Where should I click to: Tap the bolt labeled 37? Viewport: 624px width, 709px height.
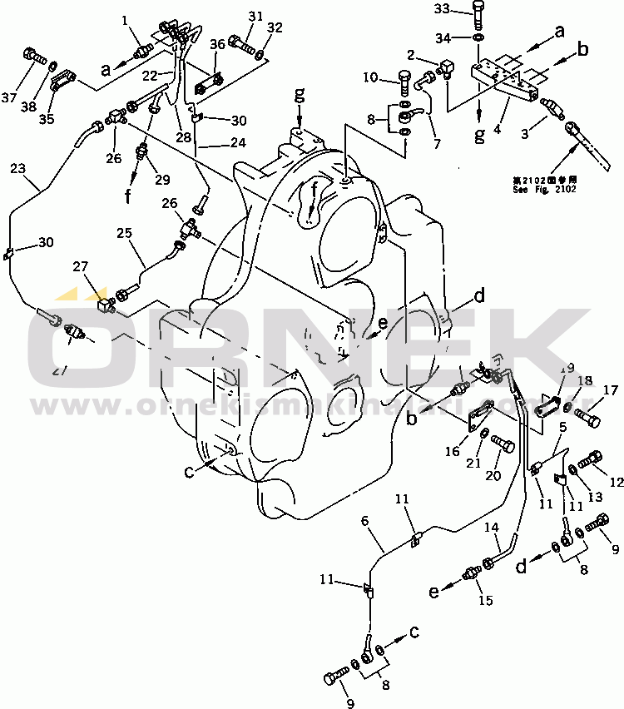click(x=34, y=56)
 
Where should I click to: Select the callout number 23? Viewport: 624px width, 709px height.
click(x=17, y=169)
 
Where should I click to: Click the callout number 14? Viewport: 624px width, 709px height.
click(x=493, y=527)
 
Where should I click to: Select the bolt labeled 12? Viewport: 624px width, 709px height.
click(x=592, y=459)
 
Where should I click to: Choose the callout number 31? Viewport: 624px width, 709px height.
click(x=255, y=17)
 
